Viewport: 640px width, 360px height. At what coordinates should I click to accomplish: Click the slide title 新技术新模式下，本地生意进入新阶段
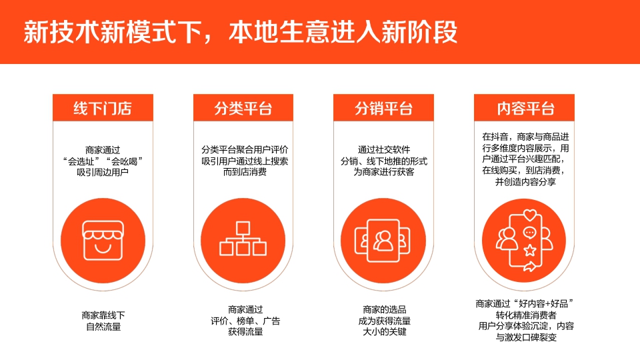(x=240, y=32)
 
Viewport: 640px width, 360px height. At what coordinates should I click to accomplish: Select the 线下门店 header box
(x=103, y=108)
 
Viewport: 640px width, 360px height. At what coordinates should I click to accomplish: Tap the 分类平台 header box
(x=243, y=108)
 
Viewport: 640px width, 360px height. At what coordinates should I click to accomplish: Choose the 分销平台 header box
(x=383, y=108)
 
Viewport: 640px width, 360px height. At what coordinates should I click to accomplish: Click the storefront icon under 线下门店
(x=103, y=239)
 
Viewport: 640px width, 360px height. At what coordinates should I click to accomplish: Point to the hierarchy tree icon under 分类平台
(x=243, y=239)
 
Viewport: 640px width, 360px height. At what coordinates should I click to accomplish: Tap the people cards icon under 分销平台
(x=383, y=239)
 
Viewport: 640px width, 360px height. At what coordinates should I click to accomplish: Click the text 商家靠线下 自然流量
(x=103, y=321)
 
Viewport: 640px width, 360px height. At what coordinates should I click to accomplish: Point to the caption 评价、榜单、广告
(x=245, y=321)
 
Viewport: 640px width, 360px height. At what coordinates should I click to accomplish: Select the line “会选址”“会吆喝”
(x=103, y=161)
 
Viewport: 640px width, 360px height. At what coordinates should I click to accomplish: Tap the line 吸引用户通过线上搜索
(x=245, y=161)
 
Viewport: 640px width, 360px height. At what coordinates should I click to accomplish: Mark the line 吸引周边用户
(x=103, y=173)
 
